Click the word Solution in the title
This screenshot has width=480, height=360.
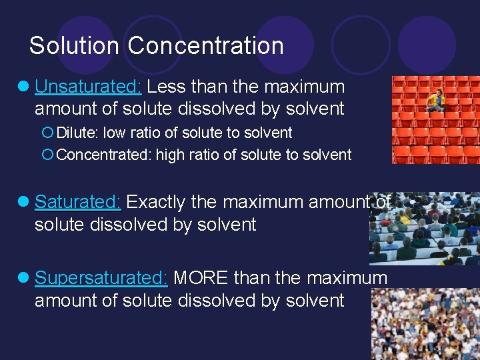coord(75,46)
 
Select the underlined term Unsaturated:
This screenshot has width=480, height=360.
coord(88,87)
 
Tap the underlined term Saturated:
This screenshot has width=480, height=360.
coord(78,202)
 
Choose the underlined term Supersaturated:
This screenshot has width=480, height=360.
coord(101,278)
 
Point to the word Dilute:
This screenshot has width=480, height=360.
coord(77,133)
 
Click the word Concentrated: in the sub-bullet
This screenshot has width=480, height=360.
coord(104,155)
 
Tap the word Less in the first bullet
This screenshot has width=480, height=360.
coord(167,87)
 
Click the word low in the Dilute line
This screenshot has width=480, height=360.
coord(114,133)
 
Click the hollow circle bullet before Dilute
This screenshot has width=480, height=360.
coord(47,133)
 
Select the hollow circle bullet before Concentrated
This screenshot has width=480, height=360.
coord(47,155)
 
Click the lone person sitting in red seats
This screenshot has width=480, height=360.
coord(436,100)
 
